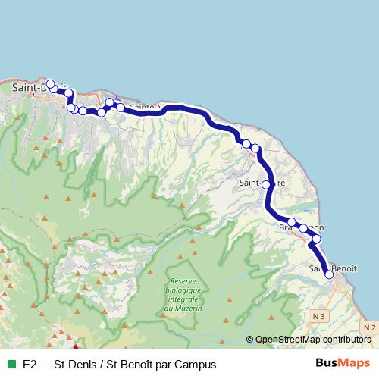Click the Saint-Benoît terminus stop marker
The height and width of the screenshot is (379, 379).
click(x=329, y=275)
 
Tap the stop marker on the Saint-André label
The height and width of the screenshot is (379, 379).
click(x=266, y=183)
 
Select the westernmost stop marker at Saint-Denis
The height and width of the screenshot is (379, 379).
click(x=50, y=84)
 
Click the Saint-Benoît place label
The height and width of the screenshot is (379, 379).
click(x=334, y=268)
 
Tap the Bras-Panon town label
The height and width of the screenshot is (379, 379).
click(x=301, y=227)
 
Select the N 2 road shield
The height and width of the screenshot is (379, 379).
click(x=369, y=326)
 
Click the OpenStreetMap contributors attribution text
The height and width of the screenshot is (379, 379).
click(x=313, y=340)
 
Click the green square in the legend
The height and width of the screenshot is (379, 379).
click(x=11, y=364)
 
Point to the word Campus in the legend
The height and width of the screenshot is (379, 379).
click(x=196, y=364)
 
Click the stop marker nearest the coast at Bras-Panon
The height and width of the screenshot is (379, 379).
click(x=317, y=239)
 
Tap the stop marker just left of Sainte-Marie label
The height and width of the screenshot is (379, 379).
click(x=120, y=108)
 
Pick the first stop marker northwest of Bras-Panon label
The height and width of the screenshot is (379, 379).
click(x=291, y=222)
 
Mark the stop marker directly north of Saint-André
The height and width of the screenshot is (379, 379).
click(x=255, y=148)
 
